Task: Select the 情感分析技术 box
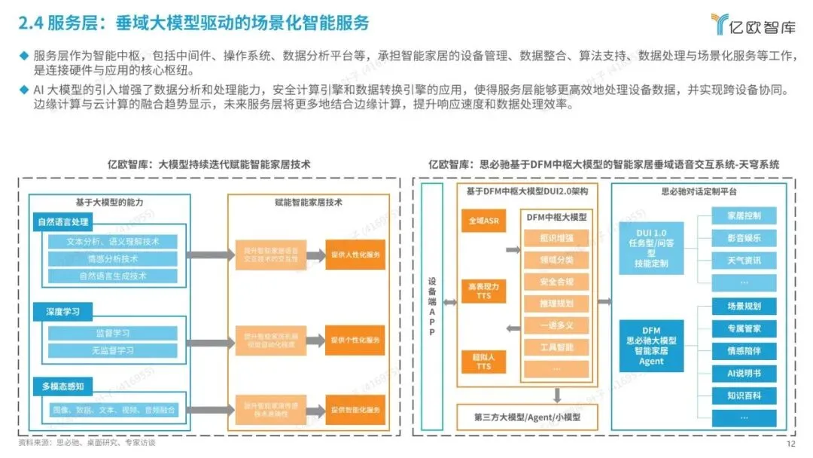pyautogui.click(x=112, y=258)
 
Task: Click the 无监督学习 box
pyautogui.click(x=112, y=350)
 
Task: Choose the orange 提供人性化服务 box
pyautogui.click(x=355, y=254)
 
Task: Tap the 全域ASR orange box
pyautogui.click(x=483, y=221)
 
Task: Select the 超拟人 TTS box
pyautogui.click(x=483, y=362)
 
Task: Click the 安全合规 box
pyautogui.click(x=556, y=282)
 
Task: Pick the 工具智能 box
pyautogui.click(x=556, y=347)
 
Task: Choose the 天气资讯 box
pyautogui.click(x=744, y=260)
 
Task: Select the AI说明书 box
pyautogui.click(x=744, y=372)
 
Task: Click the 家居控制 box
pyautogui.click(x=744, y=216)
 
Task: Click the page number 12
pyautogui.click(x=790, y=444)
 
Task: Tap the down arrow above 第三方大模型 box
pyautogui.click(x=556, y=394)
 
